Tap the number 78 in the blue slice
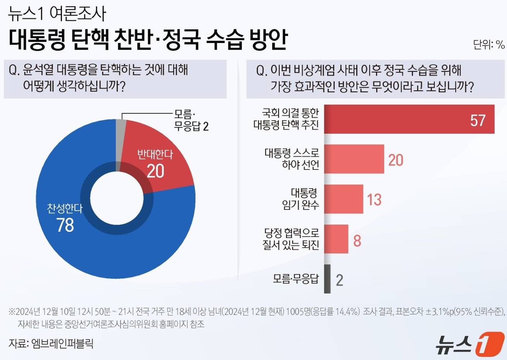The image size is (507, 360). pyautogui.click(x=65, y=225)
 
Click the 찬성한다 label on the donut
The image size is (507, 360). pyautogui.click(x=65, y=209)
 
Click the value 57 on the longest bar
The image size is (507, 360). pyautogui.click(x=478, y=120)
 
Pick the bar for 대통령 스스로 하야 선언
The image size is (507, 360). pyautogui.click(x=354, y=159)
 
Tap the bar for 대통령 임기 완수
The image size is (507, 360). pyautogui.click(x=343, y=199)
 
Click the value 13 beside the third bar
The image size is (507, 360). pyautogui.click(x=374, y=200)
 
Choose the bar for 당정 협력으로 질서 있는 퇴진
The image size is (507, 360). pyautogui.click(x=336, y=239)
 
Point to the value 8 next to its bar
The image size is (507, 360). pyautogui.click(x=357, y=241)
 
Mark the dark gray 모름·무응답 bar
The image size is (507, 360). pyautogui.click(x=327, y=279)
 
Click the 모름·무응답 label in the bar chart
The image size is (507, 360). pyautogui.click(x=295, y=279)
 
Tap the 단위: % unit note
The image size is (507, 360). pyautogui.click(x=489, y=45)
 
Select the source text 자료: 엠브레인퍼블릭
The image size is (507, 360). pyautogui.click(x=51, y=343)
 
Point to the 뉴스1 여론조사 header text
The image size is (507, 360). pyautogui.click(x=57, y=14)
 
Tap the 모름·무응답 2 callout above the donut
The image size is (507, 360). pyautogui.click(x=191, y=120)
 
